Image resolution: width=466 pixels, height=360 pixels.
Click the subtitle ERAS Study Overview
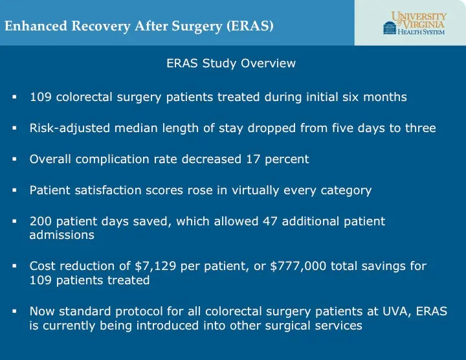point(231,63)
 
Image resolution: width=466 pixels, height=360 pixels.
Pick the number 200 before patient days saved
point(40,221)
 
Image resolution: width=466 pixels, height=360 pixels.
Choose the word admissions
point(61,236)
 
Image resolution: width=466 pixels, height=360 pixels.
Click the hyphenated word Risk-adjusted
point(67,128)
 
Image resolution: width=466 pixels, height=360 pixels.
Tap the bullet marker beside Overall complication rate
point(14,159)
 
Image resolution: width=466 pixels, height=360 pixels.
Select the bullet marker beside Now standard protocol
point(14,311)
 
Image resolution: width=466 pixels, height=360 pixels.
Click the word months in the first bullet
point(385,97)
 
